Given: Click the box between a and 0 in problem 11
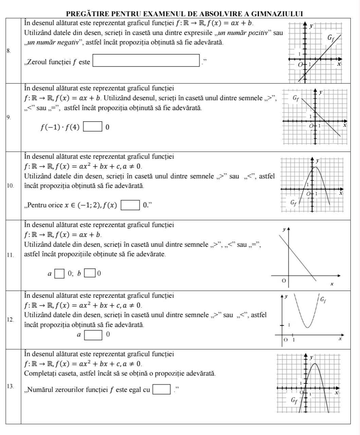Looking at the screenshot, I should point(59,273).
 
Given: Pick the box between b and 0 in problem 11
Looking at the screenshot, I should point(90,273).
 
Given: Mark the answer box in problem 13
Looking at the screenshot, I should point(161,389).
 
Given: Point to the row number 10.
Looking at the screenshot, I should point(10,186).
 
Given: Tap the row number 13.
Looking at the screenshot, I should point(10,386).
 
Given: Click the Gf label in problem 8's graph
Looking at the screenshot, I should point(331,38).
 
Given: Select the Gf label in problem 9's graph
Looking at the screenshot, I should point(296,99).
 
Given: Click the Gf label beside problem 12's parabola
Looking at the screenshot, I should point(324,299).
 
